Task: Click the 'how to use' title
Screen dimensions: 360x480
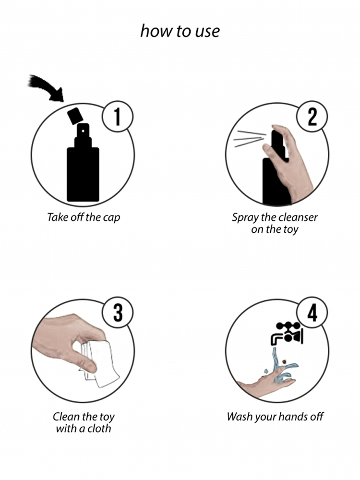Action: [180, 31]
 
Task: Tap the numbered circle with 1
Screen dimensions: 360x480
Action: [118, 117]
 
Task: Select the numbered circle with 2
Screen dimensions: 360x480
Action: [312, 117]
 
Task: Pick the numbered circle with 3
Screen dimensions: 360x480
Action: [118, 312]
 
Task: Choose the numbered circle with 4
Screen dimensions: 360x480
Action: [312, 312]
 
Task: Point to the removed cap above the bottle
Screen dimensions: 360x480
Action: [74, 116]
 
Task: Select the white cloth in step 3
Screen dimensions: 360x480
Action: [98, 363]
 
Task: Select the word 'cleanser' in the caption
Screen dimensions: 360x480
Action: [299, 217]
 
